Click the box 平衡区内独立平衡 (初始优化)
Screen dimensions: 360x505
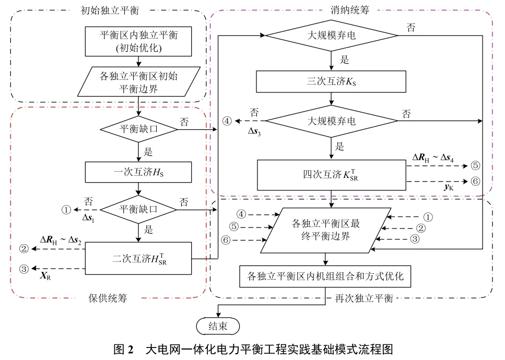pos(138,41)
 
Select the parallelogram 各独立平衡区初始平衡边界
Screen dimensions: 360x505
pos(138,82)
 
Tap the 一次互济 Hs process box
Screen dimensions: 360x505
pos(138,171)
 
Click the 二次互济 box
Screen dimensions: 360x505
pos(138,258)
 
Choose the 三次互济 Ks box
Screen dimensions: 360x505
pos(331,81)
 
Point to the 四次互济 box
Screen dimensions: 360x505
pos(331,175)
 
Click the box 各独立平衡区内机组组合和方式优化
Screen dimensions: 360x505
pos(326,276)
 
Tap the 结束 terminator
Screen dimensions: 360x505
pos(217,327)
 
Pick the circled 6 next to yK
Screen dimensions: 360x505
pos(475,181)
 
